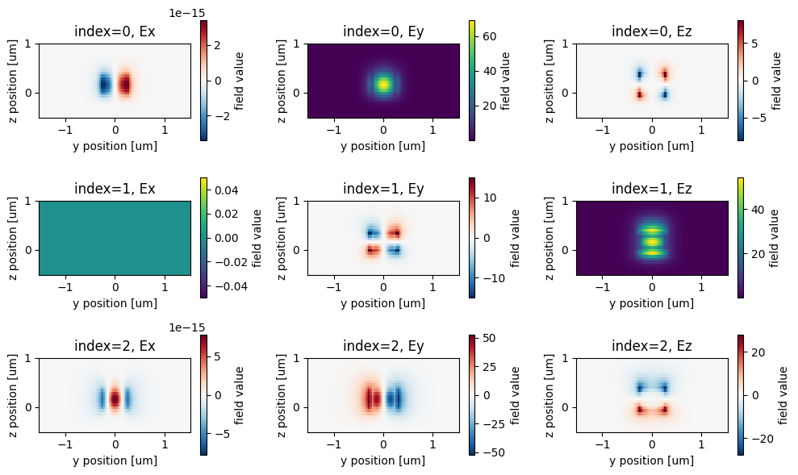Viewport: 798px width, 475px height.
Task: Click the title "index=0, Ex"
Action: (115, 31)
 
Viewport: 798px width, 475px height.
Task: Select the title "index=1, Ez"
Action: (652, 189)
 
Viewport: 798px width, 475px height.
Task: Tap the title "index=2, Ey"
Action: (383, 346)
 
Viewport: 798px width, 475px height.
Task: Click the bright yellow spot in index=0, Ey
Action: (383, 83)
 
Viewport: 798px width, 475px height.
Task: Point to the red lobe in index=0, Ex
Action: (126, 84)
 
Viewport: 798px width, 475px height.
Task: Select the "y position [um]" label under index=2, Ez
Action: (652, 460)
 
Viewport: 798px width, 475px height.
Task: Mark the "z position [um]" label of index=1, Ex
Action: (15, 238)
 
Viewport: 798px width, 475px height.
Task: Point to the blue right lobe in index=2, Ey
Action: (395, 398)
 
